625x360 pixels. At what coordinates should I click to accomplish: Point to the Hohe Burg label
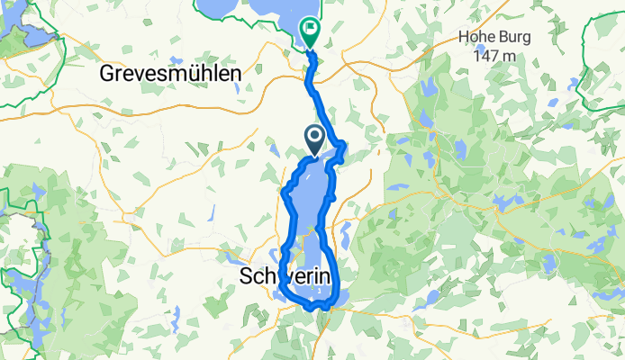click(494, 39)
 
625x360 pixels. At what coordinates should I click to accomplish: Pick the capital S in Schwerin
click(248, 277)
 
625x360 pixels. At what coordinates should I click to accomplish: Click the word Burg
click(513, 39)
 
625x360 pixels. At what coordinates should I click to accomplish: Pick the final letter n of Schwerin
click(327, 277)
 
